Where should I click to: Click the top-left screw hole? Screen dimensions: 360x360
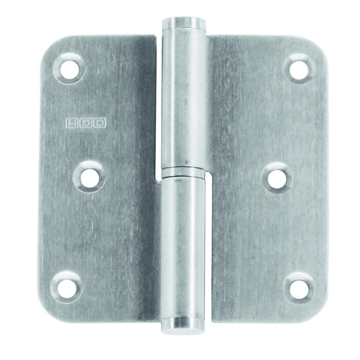[69, 68]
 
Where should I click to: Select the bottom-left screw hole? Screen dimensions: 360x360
[67, 286]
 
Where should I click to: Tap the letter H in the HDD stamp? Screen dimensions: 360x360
[70, 123]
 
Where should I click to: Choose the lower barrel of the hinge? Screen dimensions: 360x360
[183, 247]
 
